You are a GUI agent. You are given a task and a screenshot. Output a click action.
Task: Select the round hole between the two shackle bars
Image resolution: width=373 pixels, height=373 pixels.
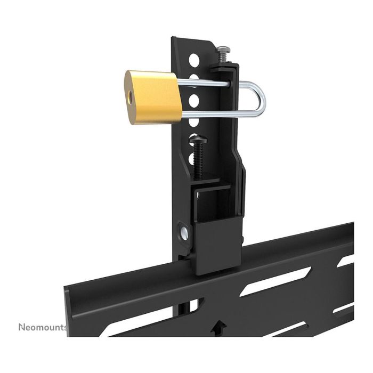(x=195, y=99)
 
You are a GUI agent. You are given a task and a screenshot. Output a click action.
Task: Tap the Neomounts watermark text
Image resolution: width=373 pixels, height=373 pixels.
(x=43, y=326)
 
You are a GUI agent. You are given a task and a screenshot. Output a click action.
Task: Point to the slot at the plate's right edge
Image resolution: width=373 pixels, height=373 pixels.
(x=346, y=262)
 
